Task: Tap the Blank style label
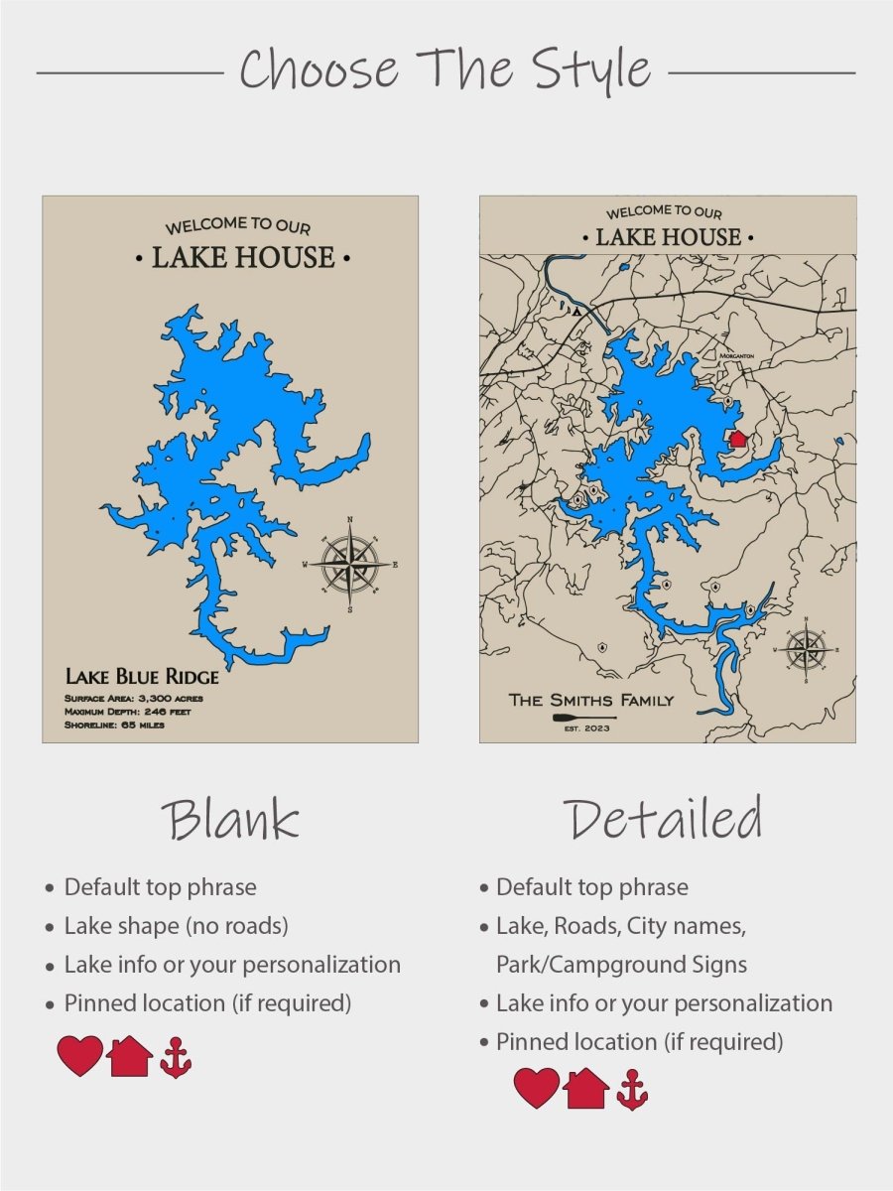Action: click(230, 820)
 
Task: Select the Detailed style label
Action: click(664, 820)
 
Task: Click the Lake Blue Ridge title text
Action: click(142, 677)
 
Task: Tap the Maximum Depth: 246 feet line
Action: click(128, 712)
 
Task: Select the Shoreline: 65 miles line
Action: click(114, 725)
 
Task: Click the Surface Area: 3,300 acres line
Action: click(133, 699)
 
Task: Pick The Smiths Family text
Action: click(590, 700)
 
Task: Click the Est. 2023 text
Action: click(586, 729)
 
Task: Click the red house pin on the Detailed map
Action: click(737, 439)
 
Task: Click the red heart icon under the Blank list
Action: click(79, 1056)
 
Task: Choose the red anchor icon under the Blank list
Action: click(176, 1058)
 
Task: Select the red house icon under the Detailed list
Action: click(586, 1089)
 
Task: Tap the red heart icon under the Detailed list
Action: click(536, 1089)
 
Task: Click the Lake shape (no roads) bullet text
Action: click(176, 926)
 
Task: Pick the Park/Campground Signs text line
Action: click(621, 965)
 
